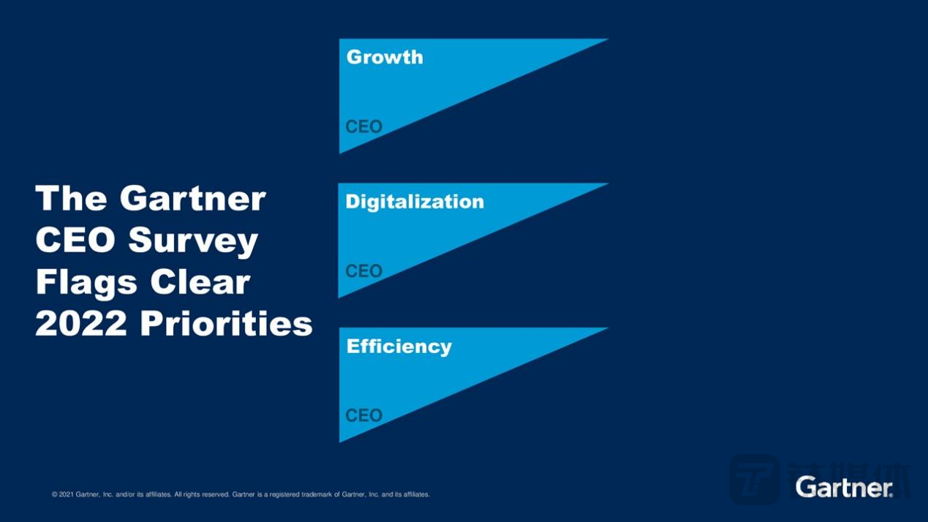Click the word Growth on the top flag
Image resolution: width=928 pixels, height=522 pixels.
pyautogui.click(x=385, y=57)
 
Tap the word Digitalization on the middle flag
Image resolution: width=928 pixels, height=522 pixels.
pyautogui.click(x=415, y=202)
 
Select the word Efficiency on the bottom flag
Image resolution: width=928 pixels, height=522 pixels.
pyautogui.click(x=399, y=347)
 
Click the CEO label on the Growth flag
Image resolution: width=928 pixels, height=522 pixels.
pyautogui.click(x=364, y=126)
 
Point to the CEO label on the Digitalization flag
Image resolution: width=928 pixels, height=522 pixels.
pyautogui.click(x=364, y=271)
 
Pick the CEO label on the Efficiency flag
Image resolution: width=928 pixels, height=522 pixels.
pyautogui.click(x=364, y=416)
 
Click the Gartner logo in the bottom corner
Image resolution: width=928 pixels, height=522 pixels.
pyautogui.click(x=844, y=487)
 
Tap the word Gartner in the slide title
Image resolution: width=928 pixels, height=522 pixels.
pyautogui.click(x=193, y=198)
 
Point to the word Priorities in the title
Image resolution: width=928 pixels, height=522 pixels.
pyautogui.click(x=226, y=324)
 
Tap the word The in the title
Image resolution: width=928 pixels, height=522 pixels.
pyautogui.click(x=72, y=198)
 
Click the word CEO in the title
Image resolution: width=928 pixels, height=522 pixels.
pyautogui.click(x=73, y=241)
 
